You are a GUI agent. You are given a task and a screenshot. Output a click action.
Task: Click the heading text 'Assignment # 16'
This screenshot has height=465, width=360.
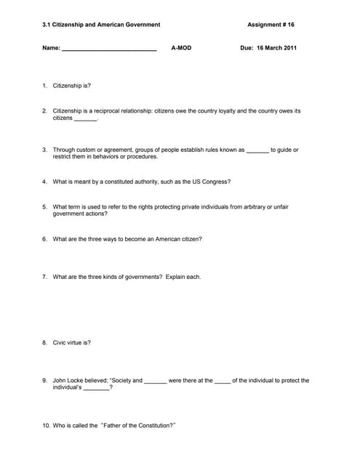tap(271, 25)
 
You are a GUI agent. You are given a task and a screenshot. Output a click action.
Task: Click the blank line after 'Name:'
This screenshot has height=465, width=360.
tap(109, 49)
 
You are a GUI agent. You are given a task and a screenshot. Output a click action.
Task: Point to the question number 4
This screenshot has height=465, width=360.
tap(44, 182)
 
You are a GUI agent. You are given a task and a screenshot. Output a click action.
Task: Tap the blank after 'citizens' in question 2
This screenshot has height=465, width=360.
tap(86, 118)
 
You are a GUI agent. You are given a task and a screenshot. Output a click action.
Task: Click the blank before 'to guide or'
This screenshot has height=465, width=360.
tap(257, 150)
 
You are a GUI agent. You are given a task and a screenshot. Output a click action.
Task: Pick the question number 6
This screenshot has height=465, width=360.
tap(44, 239)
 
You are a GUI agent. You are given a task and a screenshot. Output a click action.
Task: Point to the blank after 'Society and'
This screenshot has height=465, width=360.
tap(156, 381)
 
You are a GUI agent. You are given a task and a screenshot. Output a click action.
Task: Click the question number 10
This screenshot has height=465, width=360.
tap(46, 425)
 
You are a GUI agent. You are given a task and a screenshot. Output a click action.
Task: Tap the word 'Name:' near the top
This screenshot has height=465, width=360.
tap(51, 48)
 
